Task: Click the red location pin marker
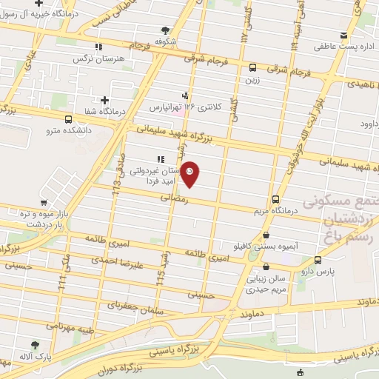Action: coord(190,175)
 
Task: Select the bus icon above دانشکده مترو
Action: coord(69,119)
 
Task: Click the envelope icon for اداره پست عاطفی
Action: coord(343,35)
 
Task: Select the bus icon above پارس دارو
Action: coord(318,260)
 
